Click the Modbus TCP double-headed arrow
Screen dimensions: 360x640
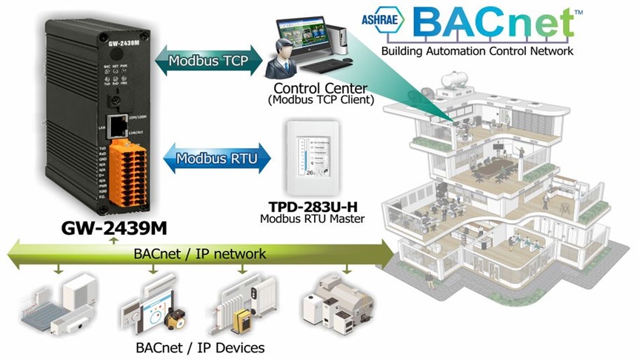coord(210,59)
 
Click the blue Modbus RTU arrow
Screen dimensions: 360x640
coord(210,157)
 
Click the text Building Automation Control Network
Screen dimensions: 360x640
coord(476,51)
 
